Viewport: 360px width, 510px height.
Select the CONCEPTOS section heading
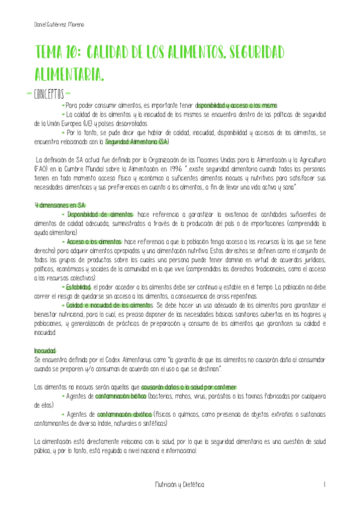click(x=52, y=94)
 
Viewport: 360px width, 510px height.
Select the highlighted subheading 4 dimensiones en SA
click(x=60, y=205)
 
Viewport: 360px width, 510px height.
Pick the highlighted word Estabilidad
click(x=79, y=286)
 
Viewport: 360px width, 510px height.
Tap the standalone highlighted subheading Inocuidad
click(x=45, y=350)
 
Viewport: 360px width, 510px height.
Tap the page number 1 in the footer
click(x=324, y=484)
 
